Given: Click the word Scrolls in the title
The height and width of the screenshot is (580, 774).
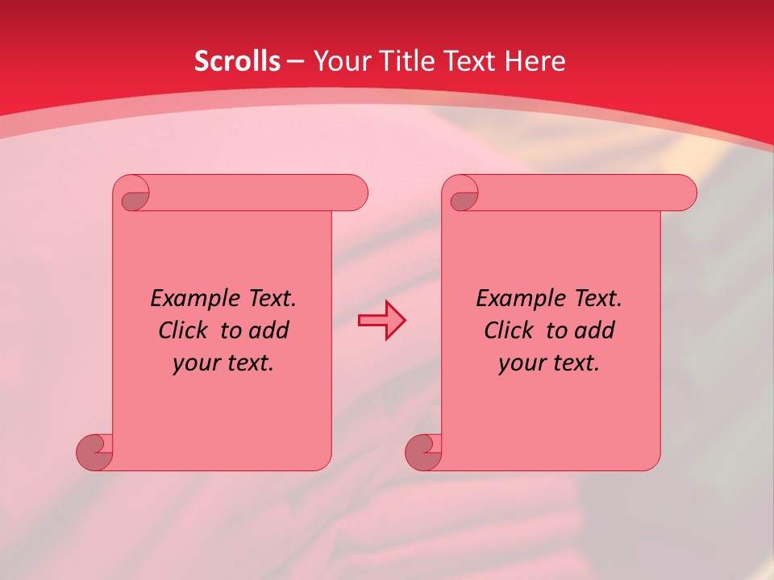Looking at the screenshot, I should click(237, 61).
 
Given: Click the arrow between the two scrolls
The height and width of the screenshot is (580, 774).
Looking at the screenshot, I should click(381, 321).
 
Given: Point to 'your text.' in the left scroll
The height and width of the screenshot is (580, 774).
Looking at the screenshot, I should click(223, 362).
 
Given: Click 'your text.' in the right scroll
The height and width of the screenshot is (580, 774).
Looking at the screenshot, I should click(549, 362).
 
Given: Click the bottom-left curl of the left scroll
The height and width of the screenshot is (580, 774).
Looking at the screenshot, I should click(94, 452).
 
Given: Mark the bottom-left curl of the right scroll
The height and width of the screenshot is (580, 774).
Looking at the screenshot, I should click(423, 452).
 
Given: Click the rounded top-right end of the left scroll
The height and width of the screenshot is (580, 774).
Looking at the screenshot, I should click(355, 193).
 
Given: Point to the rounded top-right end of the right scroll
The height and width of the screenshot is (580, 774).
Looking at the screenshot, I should click(684, 193).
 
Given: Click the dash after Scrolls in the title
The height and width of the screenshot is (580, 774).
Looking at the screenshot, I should click(295, 61).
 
